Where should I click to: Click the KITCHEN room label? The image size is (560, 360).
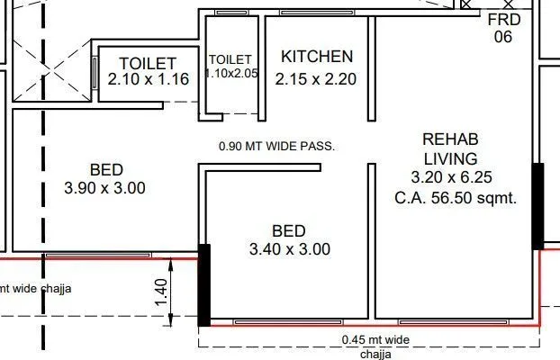pos(316,57)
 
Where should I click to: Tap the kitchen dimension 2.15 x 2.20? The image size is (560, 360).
pos(316,78)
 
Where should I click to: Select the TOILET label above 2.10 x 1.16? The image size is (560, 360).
pos(148,63)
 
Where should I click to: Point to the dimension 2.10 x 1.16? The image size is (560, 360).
pos(148,79)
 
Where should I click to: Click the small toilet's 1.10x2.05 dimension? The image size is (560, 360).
pos(232,75)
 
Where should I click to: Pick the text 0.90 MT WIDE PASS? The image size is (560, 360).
pos(277,146)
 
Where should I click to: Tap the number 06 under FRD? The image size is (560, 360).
pos(502,37)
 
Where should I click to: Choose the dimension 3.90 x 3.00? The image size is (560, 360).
pos(106,188)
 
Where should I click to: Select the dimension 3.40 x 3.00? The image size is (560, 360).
pos(288,248)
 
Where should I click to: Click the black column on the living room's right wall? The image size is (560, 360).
pos(538,205)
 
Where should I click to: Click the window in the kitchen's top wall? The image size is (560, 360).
pos(315,13)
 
